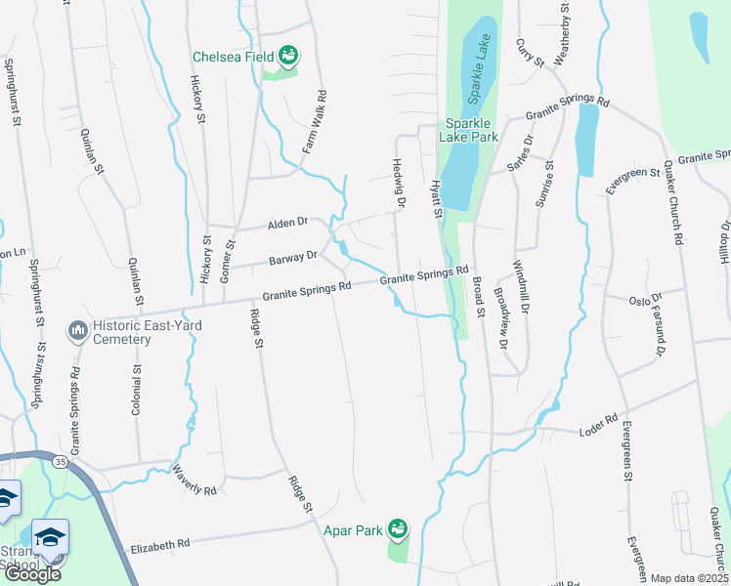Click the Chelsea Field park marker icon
click(x=289, y=57)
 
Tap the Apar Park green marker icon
click(x=397, y=528)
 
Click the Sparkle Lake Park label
click(x=472, y=131)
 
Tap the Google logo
click(x=31, y=574)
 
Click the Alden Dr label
click(x=287, y=224)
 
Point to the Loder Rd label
click(x=598, y=426)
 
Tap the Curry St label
click(x=530, y=53)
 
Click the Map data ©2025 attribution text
click(x=689, y=578)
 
